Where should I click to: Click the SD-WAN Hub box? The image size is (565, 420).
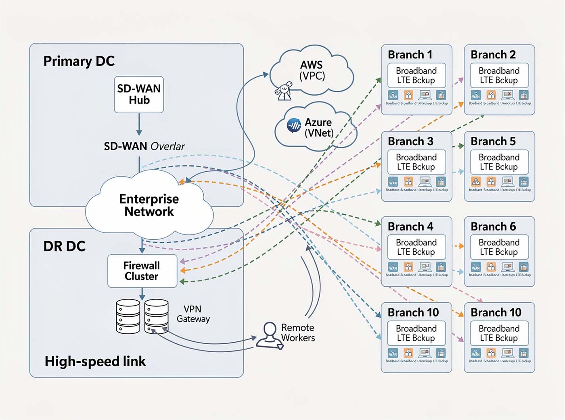(x=139, y=94)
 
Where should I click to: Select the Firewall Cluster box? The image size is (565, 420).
(x=142, y=271)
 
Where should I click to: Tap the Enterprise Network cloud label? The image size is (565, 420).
(x=149, y=205)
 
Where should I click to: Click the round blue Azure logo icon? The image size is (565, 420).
(x=294, y=125)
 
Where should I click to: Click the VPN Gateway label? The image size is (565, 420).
(x=193, y=314)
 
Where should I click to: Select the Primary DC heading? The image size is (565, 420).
(x=79, y=61)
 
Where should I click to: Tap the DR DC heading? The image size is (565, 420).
(x=65, y=246)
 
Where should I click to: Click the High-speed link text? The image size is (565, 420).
(x=95, y=362)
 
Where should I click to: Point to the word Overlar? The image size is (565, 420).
(x=167, y=146)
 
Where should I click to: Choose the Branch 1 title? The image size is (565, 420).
(x=410, y=54)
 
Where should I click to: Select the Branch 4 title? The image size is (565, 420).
(x=410, y=227)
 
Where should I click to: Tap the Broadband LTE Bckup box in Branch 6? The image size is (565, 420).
(x=499, y=247)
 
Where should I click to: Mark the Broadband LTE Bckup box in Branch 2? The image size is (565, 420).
(x=499, y=75)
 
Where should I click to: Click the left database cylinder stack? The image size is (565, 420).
(x=128, y=316)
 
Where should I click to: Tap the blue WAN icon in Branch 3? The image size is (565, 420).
(x=393, y=182)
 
